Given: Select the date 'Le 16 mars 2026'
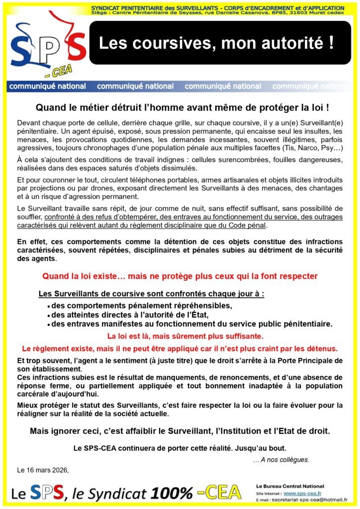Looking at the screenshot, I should (43, 470).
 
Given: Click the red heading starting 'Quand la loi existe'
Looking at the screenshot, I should (180, 276).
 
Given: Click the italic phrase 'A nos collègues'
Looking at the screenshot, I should (281, 459).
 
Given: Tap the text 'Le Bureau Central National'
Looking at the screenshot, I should (289, 486).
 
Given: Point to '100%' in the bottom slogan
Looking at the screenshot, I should (172, 493).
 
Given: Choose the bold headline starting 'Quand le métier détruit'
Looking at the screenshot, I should (182, 107).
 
